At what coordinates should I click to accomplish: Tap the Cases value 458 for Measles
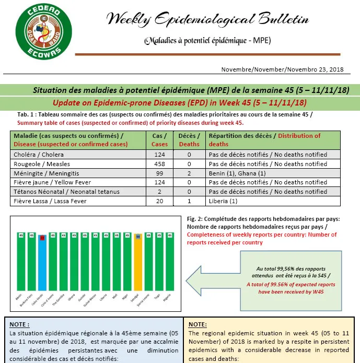[160, 163]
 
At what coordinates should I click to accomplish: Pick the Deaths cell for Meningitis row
[189, 173]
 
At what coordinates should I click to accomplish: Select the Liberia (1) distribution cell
[222, 201]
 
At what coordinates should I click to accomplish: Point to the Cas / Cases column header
[160, 140]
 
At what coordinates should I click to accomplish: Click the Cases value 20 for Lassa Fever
[160, 201]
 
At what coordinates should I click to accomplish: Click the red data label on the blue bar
[42, 238]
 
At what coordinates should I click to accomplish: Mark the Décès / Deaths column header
[189, 140]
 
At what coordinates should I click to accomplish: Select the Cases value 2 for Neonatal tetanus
[160, 192]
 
